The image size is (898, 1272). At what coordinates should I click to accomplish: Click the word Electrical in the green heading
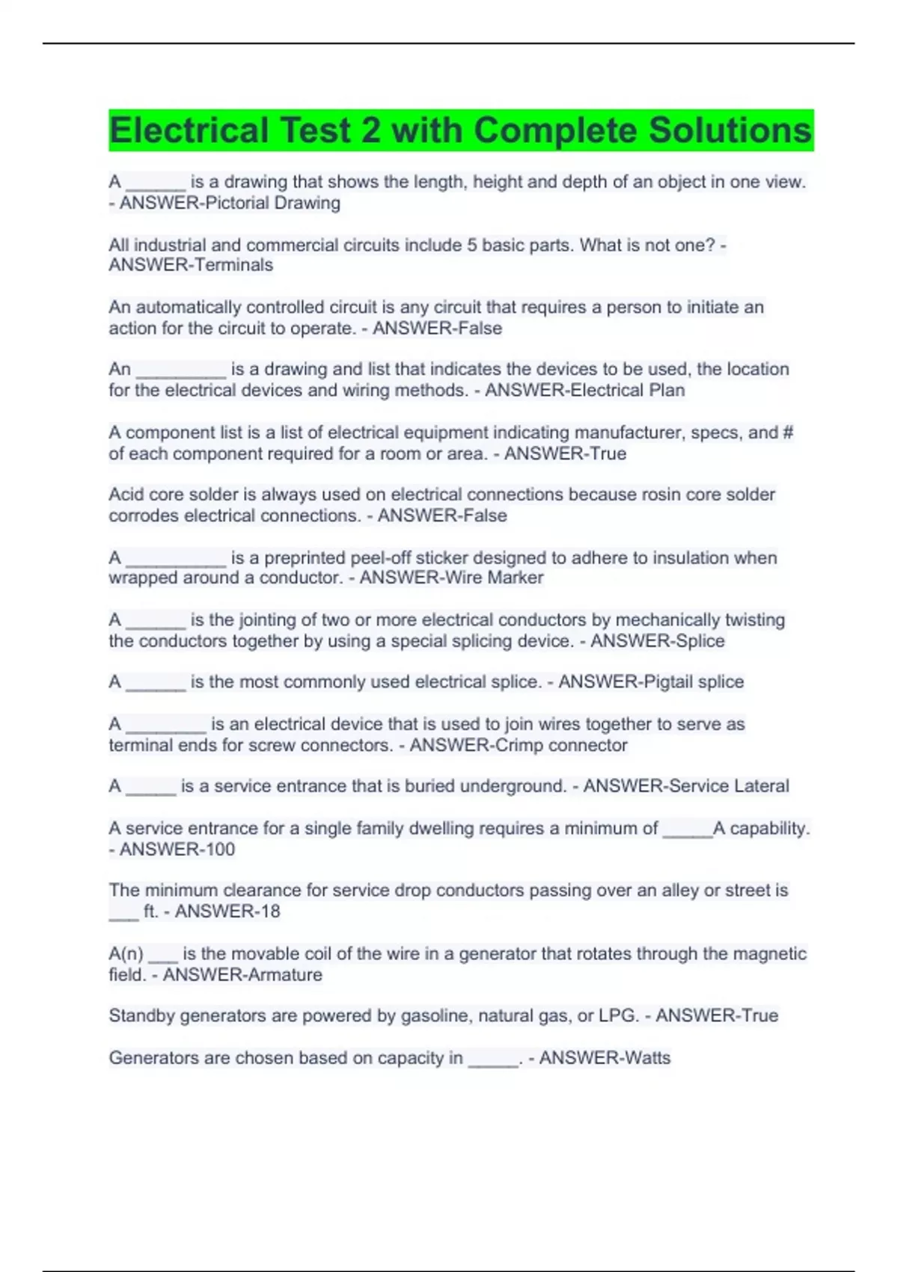click(189, 130)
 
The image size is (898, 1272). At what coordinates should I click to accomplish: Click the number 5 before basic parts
click(472, 245)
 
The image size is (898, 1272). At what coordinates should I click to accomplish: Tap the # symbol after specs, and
click(786, 432)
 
